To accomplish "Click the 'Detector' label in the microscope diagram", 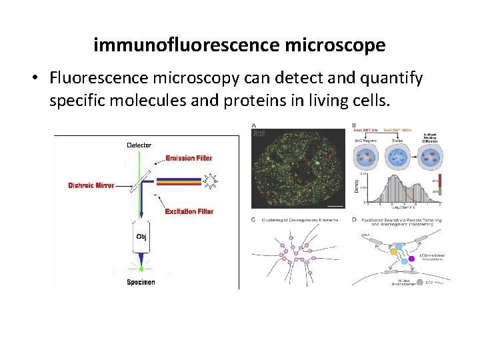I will [x=139, y=145].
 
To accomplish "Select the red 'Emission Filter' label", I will [x=189, y=158].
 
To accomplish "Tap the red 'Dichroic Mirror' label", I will [x=91, y=186].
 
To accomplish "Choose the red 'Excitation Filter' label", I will [x=189, y=211].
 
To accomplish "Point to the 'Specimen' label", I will [x=141, y=282].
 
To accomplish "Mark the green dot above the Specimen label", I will [x=141, y=269].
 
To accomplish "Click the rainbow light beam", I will [x=177, y=180].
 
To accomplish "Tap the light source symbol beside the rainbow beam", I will [x=213, y=180].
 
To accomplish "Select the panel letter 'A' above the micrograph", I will [x=254, y=125].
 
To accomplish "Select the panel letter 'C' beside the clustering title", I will [x=254, y=220].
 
